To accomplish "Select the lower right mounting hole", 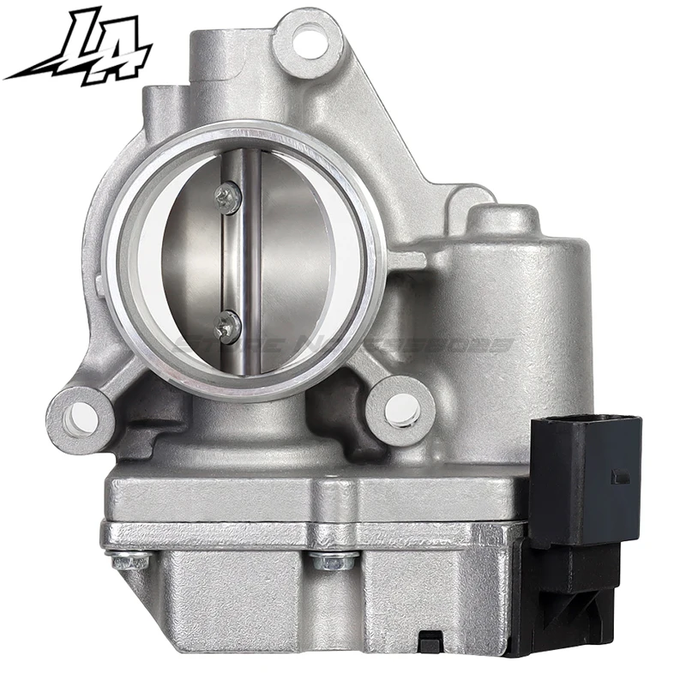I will [x=401, y=411].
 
